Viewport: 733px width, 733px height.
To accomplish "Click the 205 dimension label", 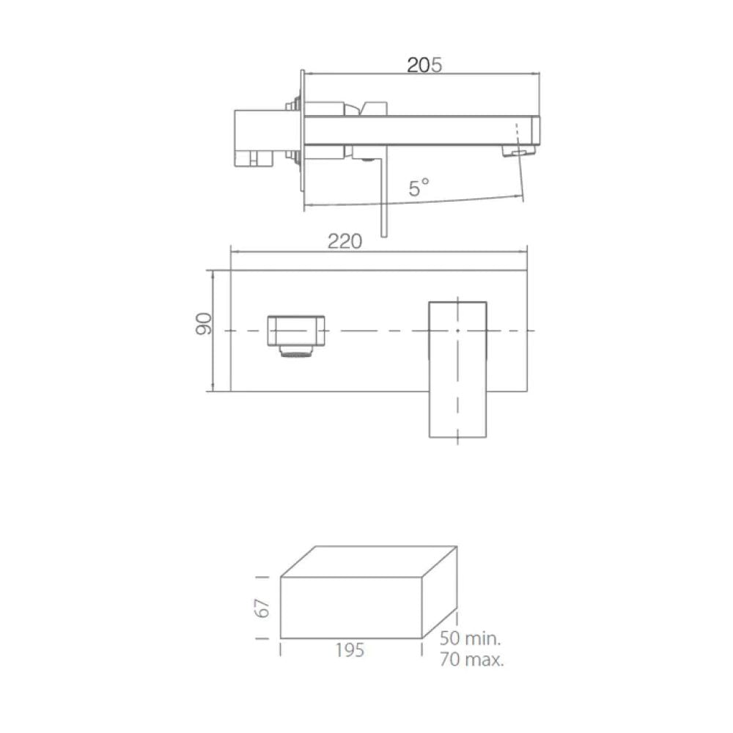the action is (x=424, y=65).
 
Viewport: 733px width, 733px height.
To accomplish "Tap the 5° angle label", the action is (x=419, y=188).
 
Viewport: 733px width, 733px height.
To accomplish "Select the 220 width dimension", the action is (x=345, y=241).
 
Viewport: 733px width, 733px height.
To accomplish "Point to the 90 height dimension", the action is (x=203, y=323).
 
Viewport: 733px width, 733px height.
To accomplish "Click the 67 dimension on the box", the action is (x=262, y=608).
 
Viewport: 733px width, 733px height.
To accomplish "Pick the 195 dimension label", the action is (x=350, y=650).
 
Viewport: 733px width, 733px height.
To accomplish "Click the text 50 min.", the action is (x=470, y=638).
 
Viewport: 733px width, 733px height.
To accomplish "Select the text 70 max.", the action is (x=471, y=659).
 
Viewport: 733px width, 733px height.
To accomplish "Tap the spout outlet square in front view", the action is (x=296, y=331).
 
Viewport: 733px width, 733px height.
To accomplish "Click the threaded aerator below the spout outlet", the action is (x=295, y=351).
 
